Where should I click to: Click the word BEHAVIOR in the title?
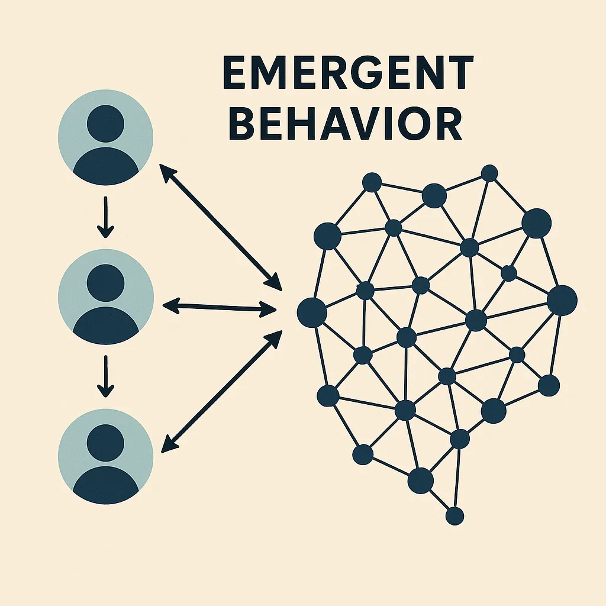click(344, 123)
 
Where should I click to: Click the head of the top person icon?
click(105, 123)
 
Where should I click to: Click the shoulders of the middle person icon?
click(105, 323)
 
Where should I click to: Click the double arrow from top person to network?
click(221, 227)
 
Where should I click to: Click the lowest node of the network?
click(454, 515)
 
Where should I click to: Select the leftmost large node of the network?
click(312, 312)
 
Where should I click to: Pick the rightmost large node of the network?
click(562, 299)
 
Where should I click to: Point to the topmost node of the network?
click(489, 173)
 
